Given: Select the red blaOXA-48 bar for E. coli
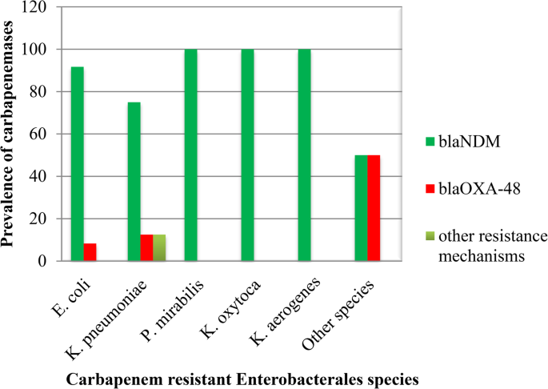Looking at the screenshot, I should click(90, 252).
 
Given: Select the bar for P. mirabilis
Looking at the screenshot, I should click(190, 155).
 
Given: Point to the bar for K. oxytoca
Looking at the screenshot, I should click(247, 155).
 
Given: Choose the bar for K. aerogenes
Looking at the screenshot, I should click(304, 155).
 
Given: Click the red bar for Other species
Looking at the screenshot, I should click(374, 208).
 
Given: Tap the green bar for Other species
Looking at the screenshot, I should click(361, 208).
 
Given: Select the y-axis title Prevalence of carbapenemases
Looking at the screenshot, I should click(10, 134).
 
